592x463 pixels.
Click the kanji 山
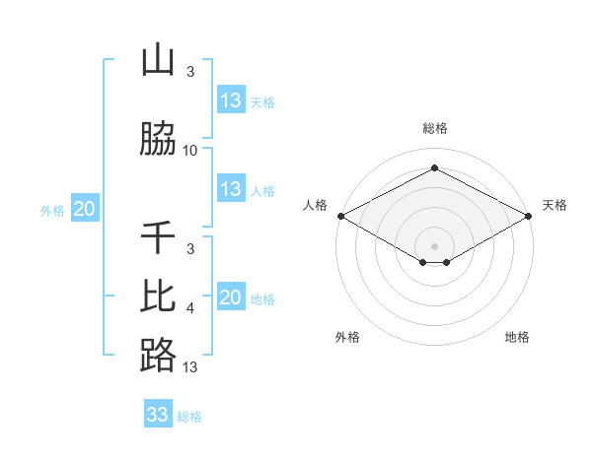(158, 61)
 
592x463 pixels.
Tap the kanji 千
(158, 237)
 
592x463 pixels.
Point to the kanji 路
(158, 355)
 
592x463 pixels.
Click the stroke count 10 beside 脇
(190, 151)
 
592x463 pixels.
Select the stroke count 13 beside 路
(190, 367)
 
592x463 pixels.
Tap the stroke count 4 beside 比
(190, 308)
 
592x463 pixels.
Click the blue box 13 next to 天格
(231, 100)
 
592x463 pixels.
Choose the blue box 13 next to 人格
(231, 189)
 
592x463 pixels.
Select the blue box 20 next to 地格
(231, 298)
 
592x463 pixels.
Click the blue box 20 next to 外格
(85, 209)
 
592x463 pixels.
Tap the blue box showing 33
(158, 415)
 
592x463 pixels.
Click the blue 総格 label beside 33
(189, 417)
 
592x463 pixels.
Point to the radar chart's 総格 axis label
(434, 128)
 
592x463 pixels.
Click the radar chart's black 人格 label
(316, 205)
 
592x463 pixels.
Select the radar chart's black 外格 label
(347, 337)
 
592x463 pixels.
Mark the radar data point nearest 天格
(529, 216)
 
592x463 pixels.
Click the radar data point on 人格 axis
(339, 216)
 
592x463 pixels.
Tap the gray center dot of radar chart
(434, 245)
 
